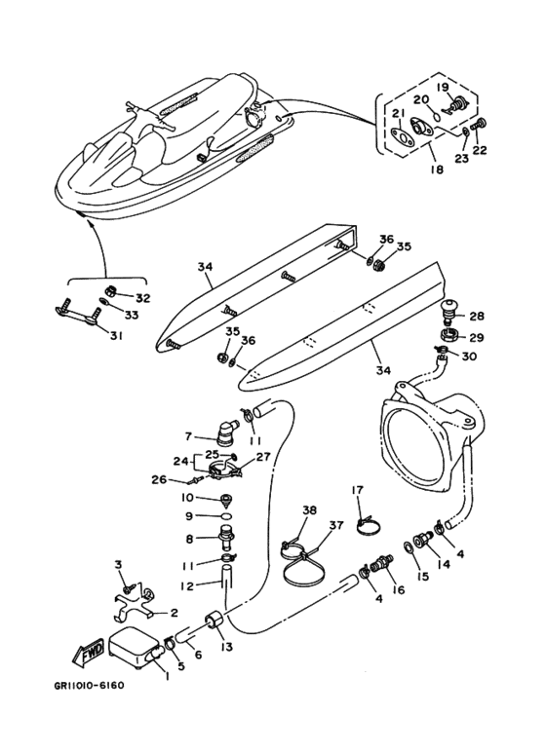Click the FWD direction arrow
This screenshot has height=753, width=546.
point(88,652)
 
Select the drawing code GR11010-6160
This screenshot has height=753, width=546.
point(90,685)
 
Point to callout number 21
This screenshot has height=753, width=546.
point(398,113)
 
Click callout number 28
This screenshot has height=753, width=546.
point(477,317)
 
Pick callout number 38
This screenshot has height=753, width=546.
point(309,510)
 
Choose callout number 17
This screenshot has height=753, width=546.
point(358,490)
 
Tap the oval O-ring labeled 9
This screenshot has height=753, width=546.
point(224,515)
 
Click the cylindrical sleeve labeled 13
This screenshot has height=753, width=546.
point(213,621)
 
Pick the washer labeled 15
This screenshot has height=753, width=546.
point(408,547)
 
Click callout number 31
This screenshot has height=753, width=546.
point(116,336)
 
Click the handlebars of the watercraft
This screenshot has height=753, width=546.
point(150,115)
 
